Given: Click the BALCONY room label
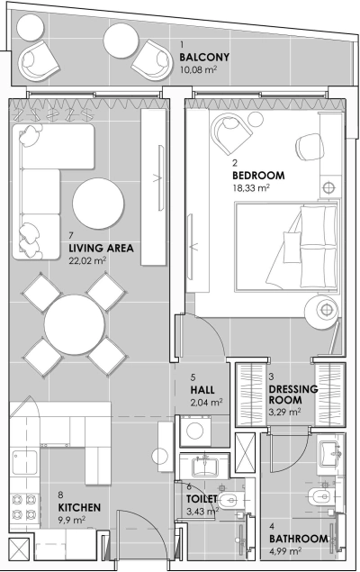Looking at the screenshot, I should point(204,56).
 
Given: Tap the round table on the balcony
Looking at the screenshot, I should point(121,41).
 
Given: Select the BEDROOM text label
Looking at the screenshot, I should point(258,175).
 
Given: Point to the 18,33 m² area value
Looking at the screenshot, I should point(251,189).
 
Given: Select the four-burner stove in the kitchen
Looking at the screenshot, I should point(22,510).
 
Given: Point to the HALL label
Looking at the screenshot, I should point(202,389).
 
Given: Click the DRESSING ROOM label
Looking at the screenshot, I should point(293,395).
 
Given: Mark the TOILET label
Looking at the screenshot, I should point(202,497).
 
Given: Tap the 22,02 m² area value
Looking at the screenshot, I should point(87,261).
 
